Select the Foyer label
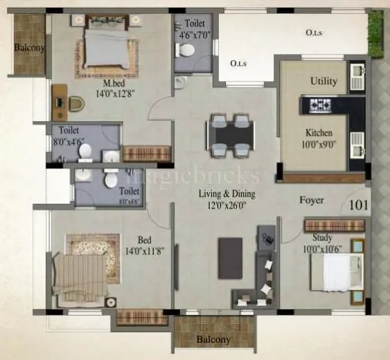pyautogui.click(x=312, y=201)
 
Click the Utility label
pyautogui.click(x=323, y=81)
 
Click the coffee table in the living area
pyautogui.click(x=230, y=258)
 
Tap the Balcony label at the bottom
pyautogui.click(x=213, y=339)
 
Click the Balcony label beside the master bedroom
pyautogui.click(x=28, y=48)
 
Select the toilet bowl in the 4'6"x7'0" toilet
pyautogui.click(x=186, y=50)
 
